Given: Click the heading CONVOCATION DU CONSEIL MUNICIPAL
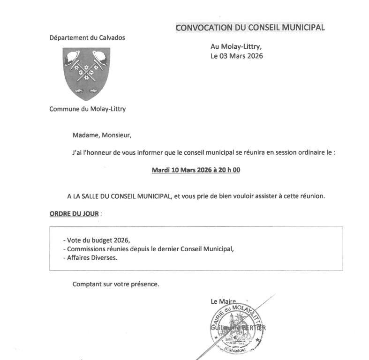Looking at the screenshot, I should coord(250,28).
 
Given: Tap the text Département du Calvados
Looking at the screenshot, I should coord(87,37).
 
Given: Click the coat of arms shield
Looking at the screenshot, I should coord(86,73).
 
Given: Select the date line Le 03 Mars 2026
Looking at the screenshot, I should coord(236,56).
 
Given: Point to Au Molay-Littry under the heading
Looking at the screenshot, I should coord(236,46).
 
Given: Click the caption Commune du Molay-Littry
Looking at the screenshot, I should coord(87,109).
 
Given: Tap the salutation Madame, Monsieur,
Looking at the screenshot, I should coord(102,135).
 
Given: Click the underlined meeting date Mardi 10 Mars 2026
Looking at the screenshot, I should coord(181,170).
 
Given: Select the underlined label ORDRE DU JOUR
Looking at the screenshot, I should coord(74,214).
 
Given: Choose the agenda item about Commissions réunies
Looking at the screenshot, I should coord(148,249).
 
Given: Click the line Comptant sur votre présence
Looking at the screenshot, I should coord(115,284).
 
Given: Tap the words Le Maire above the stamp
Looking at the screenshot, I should coord(223,301).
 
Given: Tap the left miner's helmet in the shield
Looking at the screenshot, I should coord(73,57).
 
